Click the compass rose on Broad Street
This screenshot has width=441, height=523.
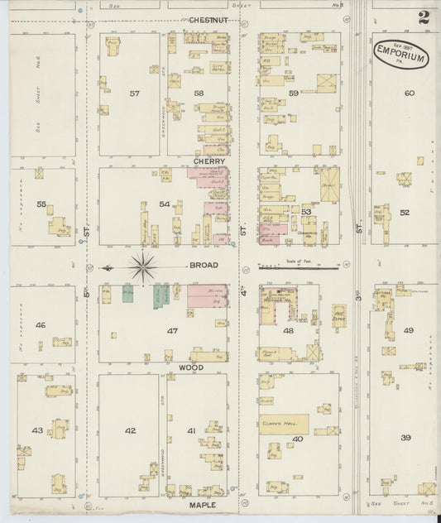coord(143,266)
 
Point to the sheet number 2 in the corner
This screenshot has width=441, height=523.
coord(424,17)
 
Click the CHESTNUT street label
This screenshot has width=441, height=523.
coord(208,19)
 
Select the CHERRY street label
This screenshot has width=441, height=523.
coord(210,161)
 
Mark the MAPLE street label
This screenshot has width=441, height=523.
coord(203,504)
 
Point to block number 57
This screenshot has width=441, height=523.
coord(135,94)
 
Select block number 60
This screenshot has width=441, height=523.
coord(409,93)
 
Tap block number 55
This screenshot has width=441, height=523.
coord(41,203)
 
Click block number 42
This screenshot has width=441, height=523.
coord(130,430)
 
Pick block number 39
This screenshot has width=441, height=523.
coord(405,437)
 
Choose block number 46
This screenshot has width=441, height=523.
coord(40,325)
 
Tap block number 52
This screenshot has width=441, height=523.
coord(405,213)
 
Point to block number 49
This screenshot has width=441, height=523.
coord(408,330)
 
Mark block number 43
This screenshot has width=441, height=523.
coord(37,430)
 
